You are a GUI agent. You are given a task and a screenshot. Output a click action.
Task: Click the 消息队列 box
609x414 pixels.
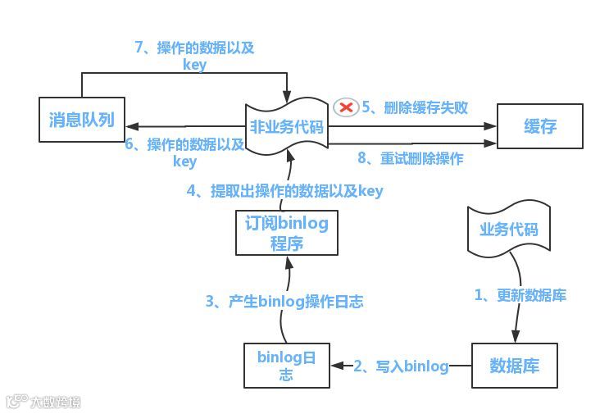click(81, 121)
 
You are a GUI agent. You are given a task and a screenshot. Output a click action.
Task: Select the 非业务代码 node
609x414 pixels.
click(287, 127)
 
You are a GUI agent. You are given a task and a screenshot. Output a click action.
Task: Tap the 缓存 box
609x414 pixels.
click(540, 125)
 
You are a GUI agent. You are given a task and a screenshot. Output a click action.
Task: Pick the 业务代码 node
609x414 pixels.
click(508, 230)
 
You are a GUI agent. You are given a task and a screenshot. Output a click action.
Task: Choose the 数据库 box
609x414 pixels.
click(514, 365)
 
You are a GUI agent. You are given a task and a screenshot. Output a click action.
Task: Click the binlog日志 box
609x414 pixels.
click(287, 366)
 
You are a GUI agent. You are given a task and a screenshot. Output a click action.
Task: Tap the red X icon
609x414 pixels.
click(346, 107)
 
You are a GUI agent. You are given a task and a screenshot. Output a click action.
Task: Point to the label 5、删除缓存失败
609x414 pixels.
click(415, 107)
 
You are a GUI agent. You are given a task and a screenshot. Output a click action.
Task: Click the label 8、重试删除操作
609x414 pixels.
click(410, 158)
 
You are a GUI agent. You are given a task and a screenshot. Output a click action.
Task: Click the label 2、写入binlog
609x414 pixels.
click(401, 366)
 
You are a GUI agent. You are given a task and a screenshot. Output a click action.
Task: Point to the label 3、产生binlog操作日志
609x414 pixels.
click(284, 301)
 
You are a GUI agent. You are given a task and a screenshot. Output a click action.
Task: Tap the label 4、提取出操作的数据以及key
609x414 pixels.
click(284, 191)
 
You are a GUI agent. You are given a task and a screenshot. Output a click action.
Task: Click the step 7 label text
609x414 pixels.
click(194, 56)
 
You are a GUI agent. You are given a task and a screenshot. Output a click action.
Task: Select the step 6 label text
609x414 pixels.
click(184, 152)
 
